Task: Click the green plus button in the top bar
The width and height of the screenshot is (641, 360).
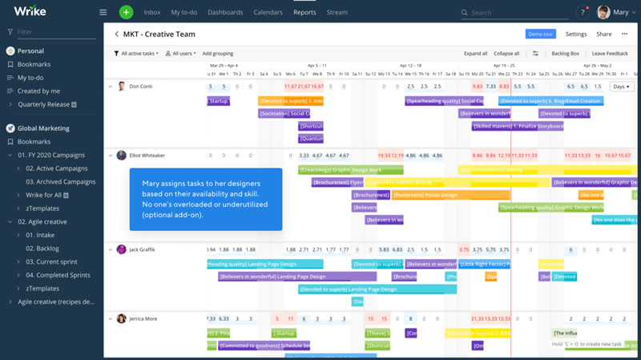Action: [x=126, y=12]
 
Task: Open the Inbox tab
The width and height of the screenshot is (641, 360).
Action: [x=152, y=13]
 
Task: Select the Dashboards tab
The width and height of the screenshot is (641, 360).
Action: [x=225, y=13]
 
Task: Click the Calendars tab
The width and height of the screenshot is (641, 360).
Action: [x=269, y=13]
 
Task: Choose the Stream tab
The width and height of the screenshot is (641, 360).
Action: [x=337, y=13]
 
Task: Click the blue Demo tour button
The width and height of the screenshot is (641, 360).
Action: [x=541, y=34]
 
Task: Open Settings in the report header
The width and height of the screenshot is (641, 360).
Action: [x=576, y=34]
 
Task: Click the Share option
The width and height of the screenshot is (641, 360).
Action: [x=603, y=34]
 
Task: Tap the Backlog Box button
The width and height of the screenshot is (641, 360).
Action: [x=566, y=54]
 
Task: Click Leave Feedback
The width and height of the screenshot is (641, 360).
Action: [x=610, y=54]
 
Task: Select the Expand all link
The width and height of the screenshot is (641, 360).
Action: [x=475, y=54]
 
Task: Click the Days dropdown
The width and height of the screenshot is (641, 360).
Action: [x=621, y=87]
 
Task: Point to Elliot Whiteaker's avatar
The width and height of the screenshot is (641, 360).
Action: [x=121, y=156]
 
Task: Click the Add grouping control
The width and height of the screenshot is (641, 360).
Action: [x=218, y=54]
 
